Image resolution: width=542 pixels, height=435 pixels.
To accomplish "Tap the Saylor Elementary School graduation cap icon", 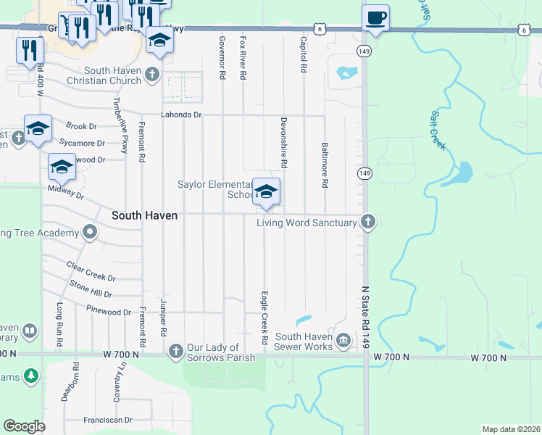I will click(266, 191).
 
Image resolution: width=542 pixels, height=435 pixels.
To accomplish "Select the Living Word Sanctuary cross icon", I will click(368, 222).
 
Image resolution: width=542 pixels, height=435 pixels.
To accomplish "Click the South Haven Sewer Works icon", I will click(343, 339).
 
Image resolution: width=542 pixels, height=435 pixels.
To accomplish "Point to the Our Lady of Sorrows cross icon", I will click(175, 352).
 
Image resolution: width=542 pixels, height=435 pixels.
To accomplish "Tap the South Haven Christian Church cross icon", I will click(152, 74).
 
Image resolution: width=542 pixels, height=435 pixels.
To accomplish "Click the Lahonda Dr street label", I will click(180, 115).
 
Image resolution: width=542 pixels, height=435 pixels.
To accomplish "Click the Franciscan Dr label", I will click(108, 420).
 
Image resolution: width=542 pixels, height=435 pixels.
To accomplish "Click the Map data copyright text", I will click(510, 429).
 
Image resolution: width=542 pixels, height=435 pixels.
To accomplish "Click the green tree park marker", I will click(30, 376).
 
